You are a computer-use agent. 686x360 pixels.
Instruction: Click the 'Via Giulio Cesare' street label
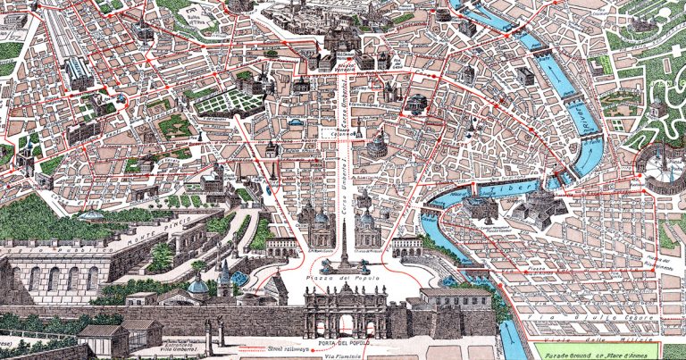[590, 317]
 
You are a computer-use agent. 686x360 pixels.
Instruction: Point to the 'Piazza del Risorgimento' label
[657, 262]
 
